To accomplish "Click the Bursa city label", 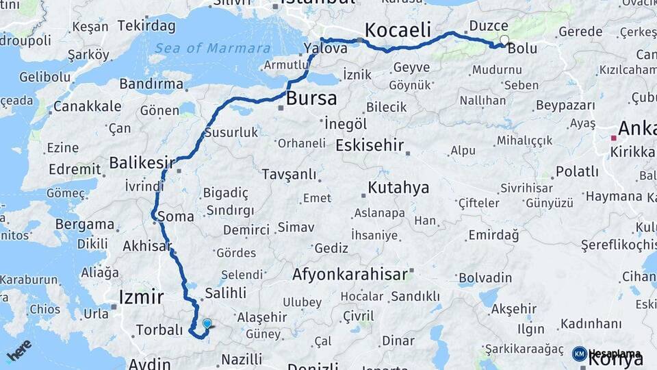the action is [x=311, y=98].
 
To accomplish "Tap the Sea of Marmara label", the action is [x=212, y=48].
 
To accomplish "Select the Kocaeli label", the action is [x=398, y=30].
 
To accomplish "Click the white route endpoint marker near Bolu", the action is [x=504, y=40].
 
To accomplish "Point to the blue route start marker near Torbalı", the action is [x=207, y=323].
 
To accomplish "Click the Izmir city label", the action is [x=141, y=297].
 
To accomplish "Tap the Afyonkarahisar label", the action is [x=349, y=274].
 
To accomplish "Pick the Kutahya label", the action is [x=398, y=187].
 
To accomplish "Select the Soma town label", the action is [x=171, y=217].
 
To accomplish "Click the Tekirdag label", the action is [x=146, y=26].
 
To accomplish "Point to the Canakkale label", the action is [x=87, y=106].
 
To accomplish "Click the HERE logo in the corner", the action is [x=18, y=351].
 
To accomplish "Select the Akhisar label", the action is [x=146, y=245].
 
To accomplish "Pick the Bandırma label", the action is [x=151, y=84].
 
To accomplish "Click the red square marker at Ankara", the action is [x=614, y=137].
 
